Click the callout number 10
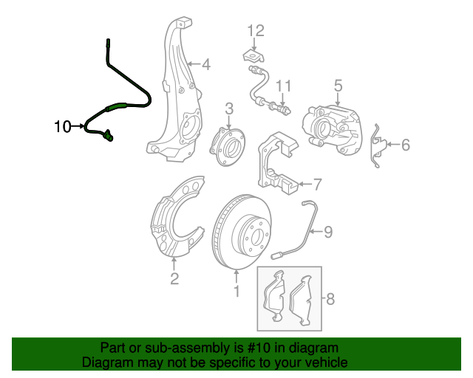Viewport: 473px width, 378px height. coord(63,127)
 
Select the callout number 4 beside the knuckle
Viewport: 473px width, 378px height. coord(205,65)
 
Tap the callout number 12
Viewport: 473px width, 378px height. coord(255,30)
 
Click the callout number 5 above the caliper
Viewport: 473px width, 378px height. coord(338,86)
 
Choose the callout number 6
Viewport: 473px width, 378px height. coord(405,145)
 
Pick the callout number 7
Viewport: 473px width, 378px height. coord(317,184)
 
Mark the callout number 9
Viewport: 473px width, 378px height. coord(328,233)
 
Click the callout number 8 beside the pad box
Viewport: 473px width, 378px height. coord(330,299)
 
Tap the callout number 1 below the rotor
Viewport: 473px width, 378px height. coord(236,292)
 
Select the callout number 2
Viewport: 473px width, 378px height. coord(174,278)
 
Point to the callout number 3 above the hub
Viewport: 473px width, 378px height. coord(229,109)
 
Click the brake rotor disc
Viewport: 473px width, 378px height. coord(241,232)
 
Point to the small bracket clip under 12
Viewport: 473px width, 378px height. coord(251,55)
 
